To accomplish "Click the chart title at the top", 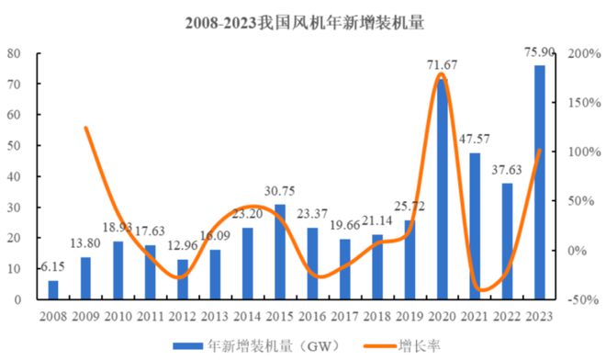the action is click(305, 23).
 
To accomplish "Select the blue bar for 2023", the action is click(540, 183).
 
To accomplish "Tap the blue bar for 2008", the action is click(53, 290).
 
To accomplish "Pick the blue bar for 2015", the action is click(280, 253).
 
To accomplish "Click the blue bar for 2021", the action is click(475, 226).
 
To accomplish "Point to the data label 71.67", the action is click(443, 64).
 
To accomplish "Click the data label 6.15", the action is click(52, 267).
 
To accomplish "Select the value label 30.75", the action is click(280, 191).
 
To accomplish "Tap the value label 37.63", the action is click(507, 170).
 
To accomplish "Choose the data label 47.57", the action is click(474, 139).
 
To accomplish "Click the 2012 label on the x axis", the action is click(183, 317).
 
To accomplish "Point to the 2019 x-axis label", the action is click(410, 317).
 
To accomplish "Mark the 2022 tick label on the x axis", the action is click(508, 317).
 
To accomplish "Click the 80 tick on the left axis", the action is click(14, 53).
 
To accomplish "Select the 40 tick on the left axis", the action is click(14, 176).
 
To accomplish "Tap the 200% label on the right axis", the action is click(584, 53).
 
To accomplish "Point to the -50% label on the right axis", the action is click(581, 299).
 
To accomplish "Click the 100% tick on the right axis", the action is click(584, 152).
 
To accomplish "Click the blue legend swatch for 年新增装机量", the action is click(188, 345).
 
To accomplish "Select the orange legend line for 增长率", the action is click(380, 346).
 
